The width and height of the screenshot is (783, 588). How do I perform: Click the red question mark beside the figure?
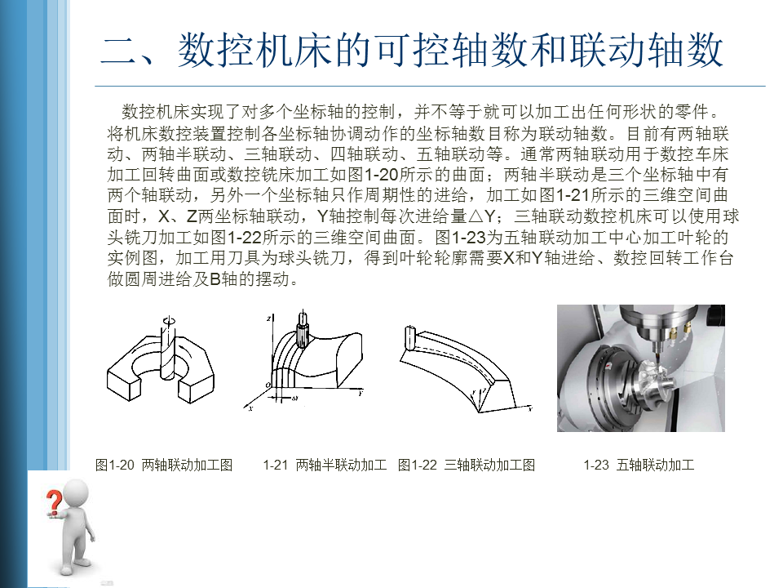click(54, 502)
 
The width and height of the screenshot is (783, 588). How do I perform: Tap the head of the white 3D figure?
click(73, 495)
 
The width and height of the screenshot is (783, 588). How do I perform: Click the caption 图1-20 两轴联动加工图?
click(164, 465)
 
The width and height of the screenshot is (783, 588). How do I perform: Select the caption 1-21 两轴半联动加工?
click(325, 465)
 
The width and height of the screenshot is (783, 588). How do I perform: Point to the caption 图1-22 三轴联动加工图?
click(467, 465)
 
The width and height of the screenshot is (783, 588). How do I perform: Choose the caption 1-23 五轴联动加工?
click(639, 465)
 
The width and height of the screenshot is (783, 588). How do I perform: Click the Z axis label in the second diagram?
click(268, 318)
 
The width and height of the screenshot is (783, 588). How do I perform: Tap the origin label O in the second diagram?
click(268, 385)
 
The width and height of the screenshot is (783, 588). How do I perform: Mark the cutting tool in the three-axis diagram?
click(410, 337)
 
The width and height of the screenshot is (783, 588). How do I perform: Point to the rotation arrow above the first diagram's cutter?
click(170, 320)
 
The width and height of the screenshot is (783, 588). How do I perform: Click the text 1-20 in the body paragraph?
click(381, 175)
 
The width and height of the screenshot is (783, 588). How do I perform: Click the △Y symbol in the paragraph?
click(481, 216)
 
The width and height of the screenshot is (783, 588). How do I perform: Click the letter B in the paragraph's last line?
click(215, 279)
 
